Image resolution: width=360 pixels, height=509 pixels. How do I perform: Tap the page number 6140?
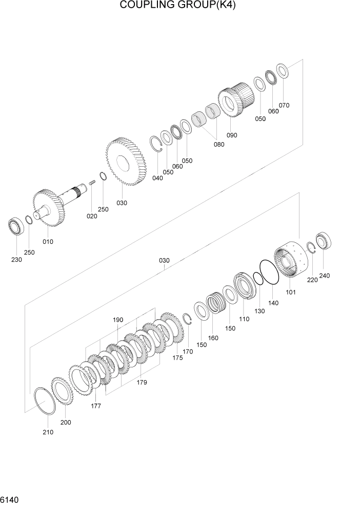[x=11, y=499]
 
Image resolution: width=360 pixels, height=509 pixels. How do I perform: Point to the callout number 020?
[x=91, y=216]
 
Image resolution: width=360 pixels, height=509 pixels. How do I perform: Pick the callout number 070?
[x=284, y=105]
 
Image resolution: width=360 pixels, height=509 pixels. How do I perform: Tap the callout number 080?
[x=219, y=144]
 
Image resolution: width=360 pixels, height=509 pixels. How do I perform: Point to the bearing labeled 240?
[x=324, y=242]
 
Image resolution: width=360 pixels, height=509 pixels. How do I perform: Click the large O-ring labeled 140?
[x=269, y=272]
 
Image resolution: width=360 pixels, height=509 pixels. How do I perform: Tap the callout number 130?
[x=259, y=311]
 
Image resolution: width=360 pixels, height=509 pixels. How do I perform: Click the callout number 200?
[x=66, y=422]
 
